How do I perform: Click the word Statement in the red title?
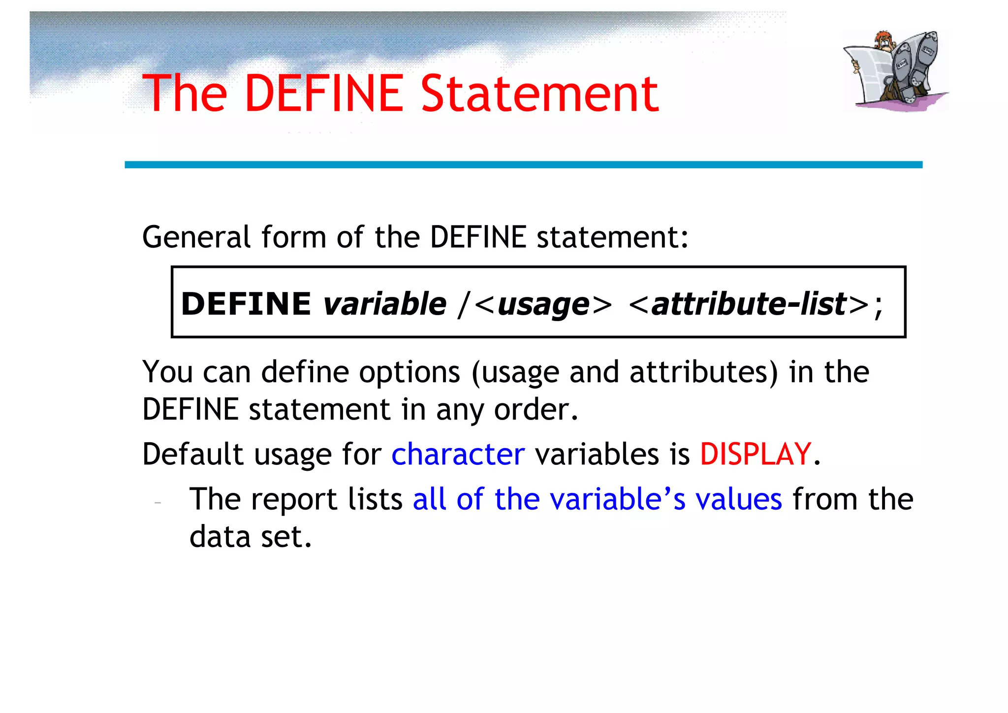click(539, 94)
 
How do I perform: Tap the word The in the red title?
click(185, 94)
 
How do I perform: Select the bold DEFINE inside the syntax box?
click(246, 304)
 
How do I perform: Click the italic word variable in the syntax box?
click(385, 304)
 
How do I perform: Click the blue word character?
click(458, 454)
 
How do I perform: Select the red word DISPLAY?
click(755, 454)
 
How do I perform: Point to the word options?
click(409, 373)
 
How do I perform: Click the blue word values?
click(738, 499)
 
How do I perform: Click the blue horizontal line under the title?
click(523, 165)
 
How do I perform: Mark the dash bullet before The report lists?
click(157, 503)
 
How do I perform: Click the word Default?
click(193, 454)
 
